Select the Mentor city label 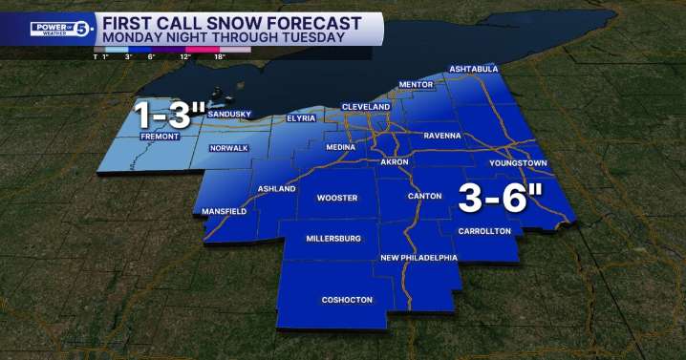pos(416,85)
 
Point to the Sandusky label pos(229,115)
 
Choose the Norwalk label pos(229,148)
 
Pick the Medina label pos(340,148)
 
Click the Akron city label pos(395,162)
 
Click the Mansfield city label pos(225,210)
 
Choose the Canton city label pos(424,196)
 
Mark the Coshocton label pos(345,299)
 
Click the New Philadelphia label pos(418,258)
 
